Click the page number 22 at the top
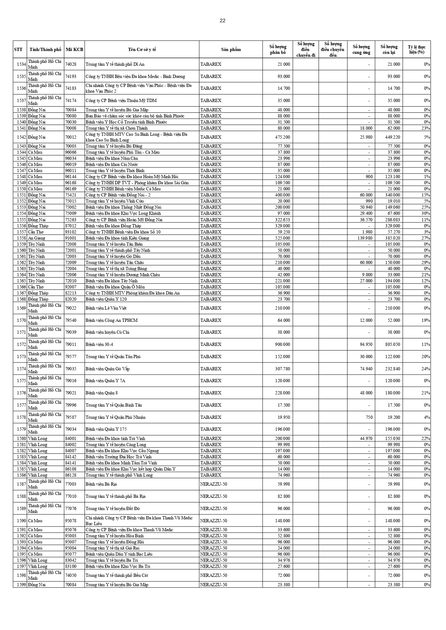coord(223,20)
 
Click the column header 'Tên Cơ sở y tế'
coord(142,50)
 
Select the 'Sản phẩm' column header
coord(231,50)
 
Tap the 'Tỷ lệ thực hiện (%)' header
coord(417,50)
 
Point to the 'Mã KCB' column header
coord(74,50)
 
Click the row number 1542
coord(21,137)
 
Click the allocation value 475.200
coord(282,137)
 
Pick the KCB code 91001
coord(70,238)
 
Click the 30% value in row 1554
coord(426,213)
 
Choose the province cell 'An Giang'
coord(36,238)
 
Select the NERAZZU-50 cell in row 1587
coord(214,484)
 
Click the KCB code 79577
coord(70,357)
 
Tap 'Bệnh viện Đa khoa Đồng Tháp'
coord(113,226)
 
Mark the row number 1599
coord(21,585)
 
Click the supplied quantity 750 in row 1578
coord(368,417)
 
